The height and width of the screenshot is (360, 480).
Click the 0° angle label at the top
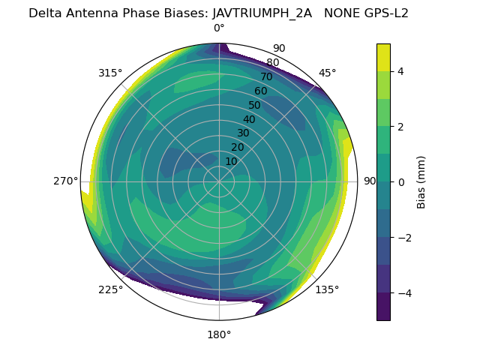(x=219, y=28)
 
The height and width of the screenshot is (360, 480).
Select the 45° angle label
(x=328, y=73)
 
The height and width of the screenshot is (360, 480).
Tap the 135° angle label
(x=327, y=289)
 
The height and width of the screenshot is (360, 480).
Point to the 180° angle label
(x=219, y=334)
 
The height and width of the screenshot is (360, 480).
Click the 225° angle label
(x=110, y=289)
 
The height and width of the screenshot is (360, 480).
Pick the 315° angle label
(x=110, y=73)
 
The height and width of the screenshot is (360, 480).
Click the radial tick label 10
(x=231, y=161)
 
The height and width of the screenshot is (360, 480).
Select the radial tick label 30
(x=243, y=133)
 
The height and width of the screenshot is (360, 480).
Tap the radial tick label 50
(x=254, y=106)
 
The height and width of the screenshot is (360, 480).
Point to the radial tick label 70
(x=266, y=76)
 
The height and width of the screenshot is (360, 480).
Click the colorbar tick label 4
(x=400, y=71)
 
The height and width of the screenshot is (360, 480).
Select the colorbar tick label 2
(x=400, y=126)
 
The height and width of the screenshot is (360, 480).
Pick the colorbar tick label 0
(x=400, y=181)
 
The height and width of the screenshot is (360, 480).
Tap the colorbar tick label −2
(x=403, y=237)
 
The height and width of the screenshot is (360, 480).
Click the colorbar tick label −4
(x=403, y=292)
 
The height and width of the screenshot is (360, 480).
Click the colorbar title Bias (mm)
(x=421, y=181)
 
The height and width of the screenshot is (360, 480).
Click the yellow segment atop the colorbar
(x=383, y=57)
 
